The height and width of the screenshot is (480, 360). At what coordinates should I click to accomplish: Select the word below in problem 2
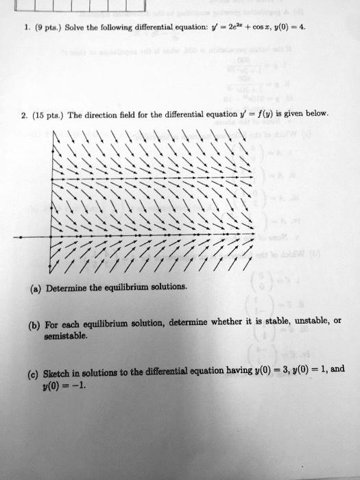tap(316, 114)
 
